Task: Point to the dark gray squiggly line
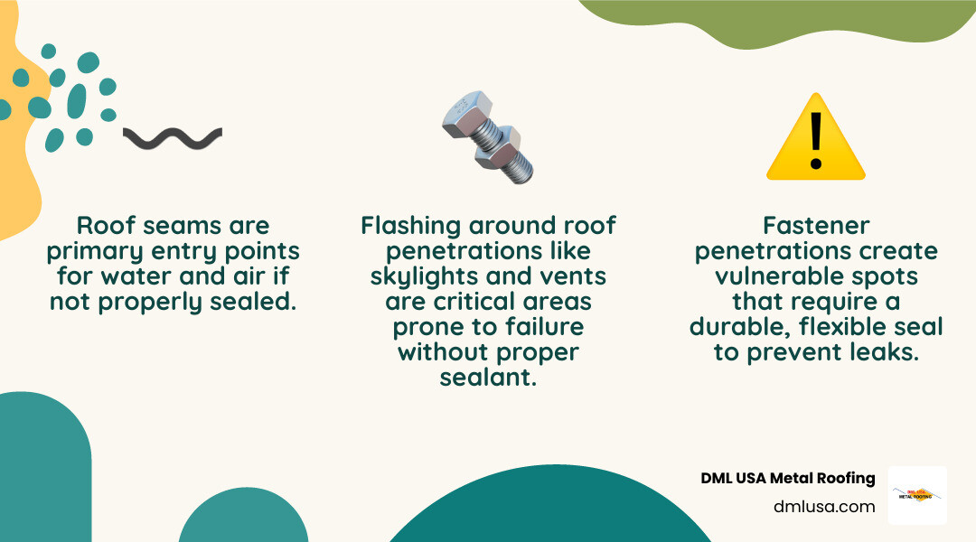point(173,138)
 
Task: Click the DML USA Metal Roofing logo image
point(917,495)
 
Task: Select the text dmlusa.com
point(824,507)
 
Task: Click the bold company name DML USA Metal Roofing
point(788,479)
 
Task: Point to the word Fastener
point(815,226)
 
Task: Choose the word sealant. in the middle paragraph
point(488,377)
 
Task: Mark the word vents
point(574,276)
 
